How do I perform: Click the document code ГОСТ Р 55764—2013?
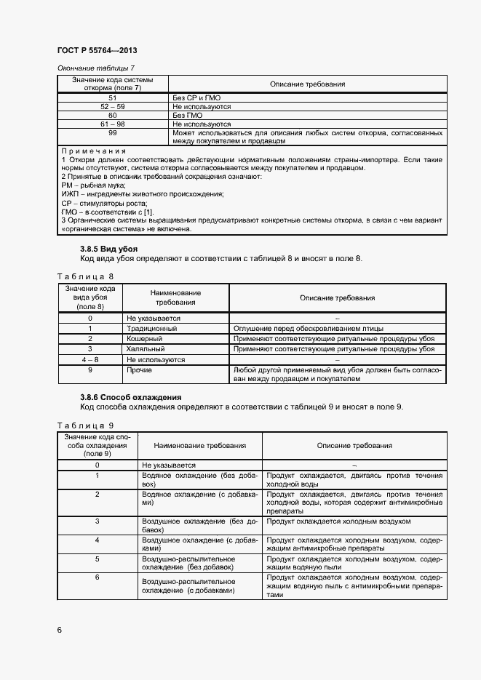[96, 50]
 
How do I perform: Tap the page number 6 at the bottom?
[59, 629]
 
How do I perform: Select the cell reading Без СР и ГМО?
[196, 97]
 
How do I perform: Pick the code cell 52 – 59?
[112, 106]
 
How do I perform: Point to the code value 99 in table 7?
[112, 133]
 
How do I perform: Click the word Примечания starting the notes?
[95, 151]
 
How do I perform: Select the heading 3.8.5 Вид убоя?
[108, 249]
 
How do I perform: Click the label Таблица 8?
[85, 276]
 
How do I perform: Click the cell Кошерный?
[144, 339]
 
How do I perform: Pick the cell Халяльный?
[146, 349]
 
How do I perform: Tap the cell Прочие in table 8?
[139, 370]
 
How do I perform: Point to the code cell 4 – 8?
[90, 359]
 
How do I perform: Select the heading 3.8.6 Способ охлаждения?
[130, 397]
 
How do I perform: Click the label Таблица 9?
[85, 425]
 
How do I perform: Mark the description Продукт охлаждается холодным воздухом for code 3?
[338, 521]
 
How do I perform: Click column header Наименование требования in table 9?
[194, 445]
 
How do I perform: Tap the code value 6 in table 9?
[98, 577]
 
